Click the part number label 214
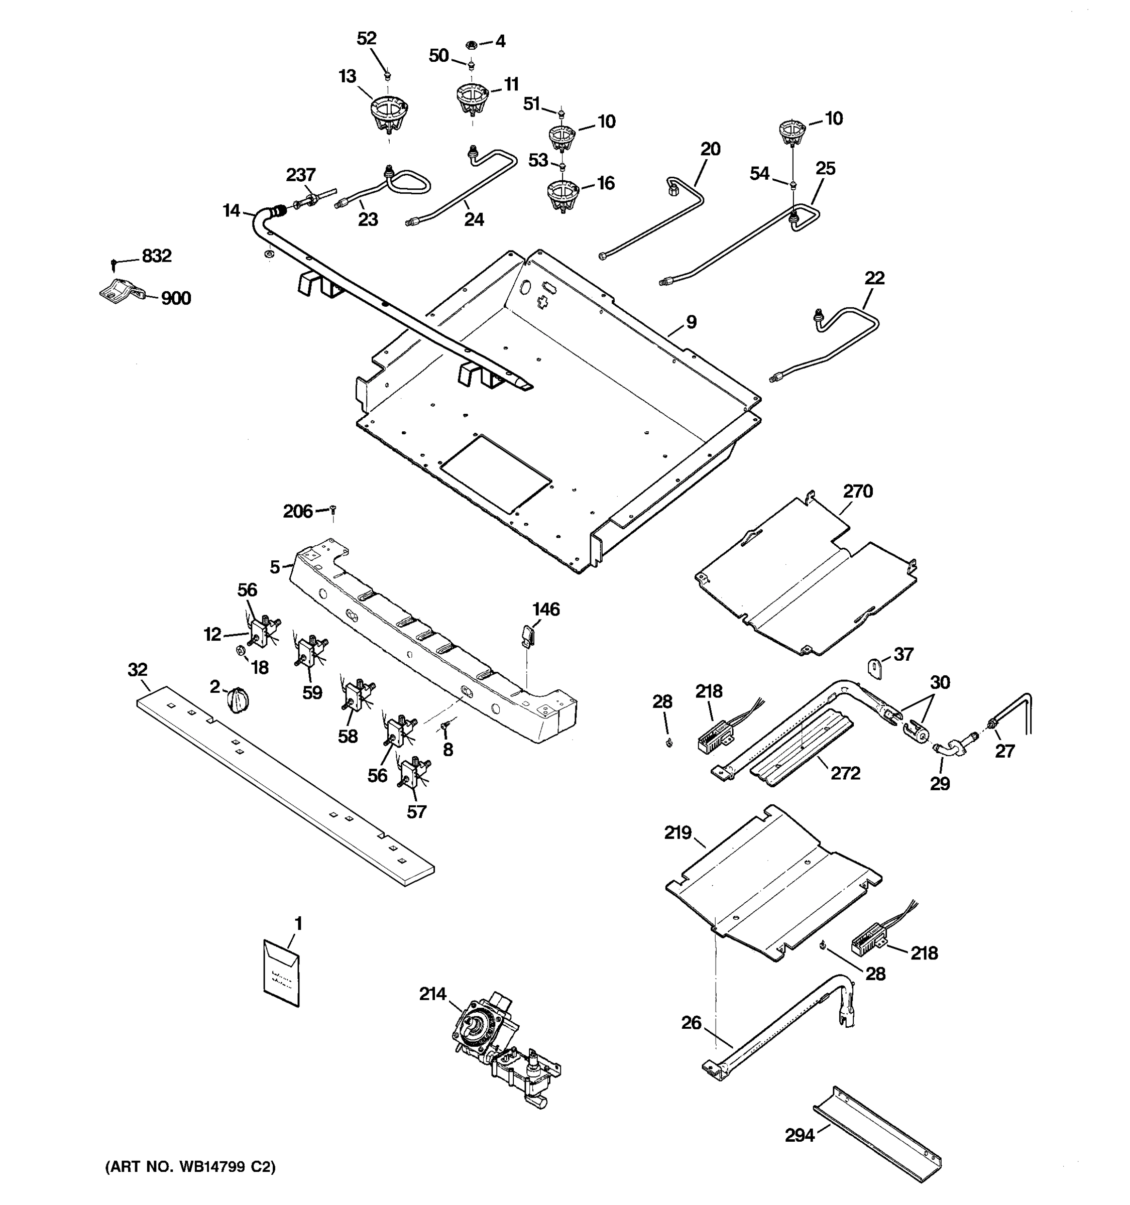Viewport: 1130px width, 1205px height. pos(432,994)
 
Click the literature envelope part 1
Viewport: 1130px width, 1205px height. pos(281,973)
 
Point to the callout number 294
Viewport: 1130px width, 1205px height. pos(800,1135)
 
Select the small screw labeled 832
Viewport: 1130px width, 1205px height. pos(114,263)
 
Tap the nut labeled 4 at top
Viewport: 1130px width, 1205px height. pos(471,44)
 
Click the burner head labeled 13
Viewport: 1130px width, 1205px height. pos(388,115)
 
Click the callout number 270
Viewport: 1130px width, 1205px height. pos(858,491)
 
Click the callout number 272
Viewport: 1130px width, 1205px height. pos(845,773)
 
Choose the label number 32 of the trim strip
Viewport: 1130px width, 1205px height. pos(138,670)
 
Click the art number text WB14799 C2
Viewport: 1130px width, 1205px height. pos(190,1167)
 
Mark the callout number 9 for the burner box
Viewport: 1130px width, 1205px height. pos(692,322)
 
